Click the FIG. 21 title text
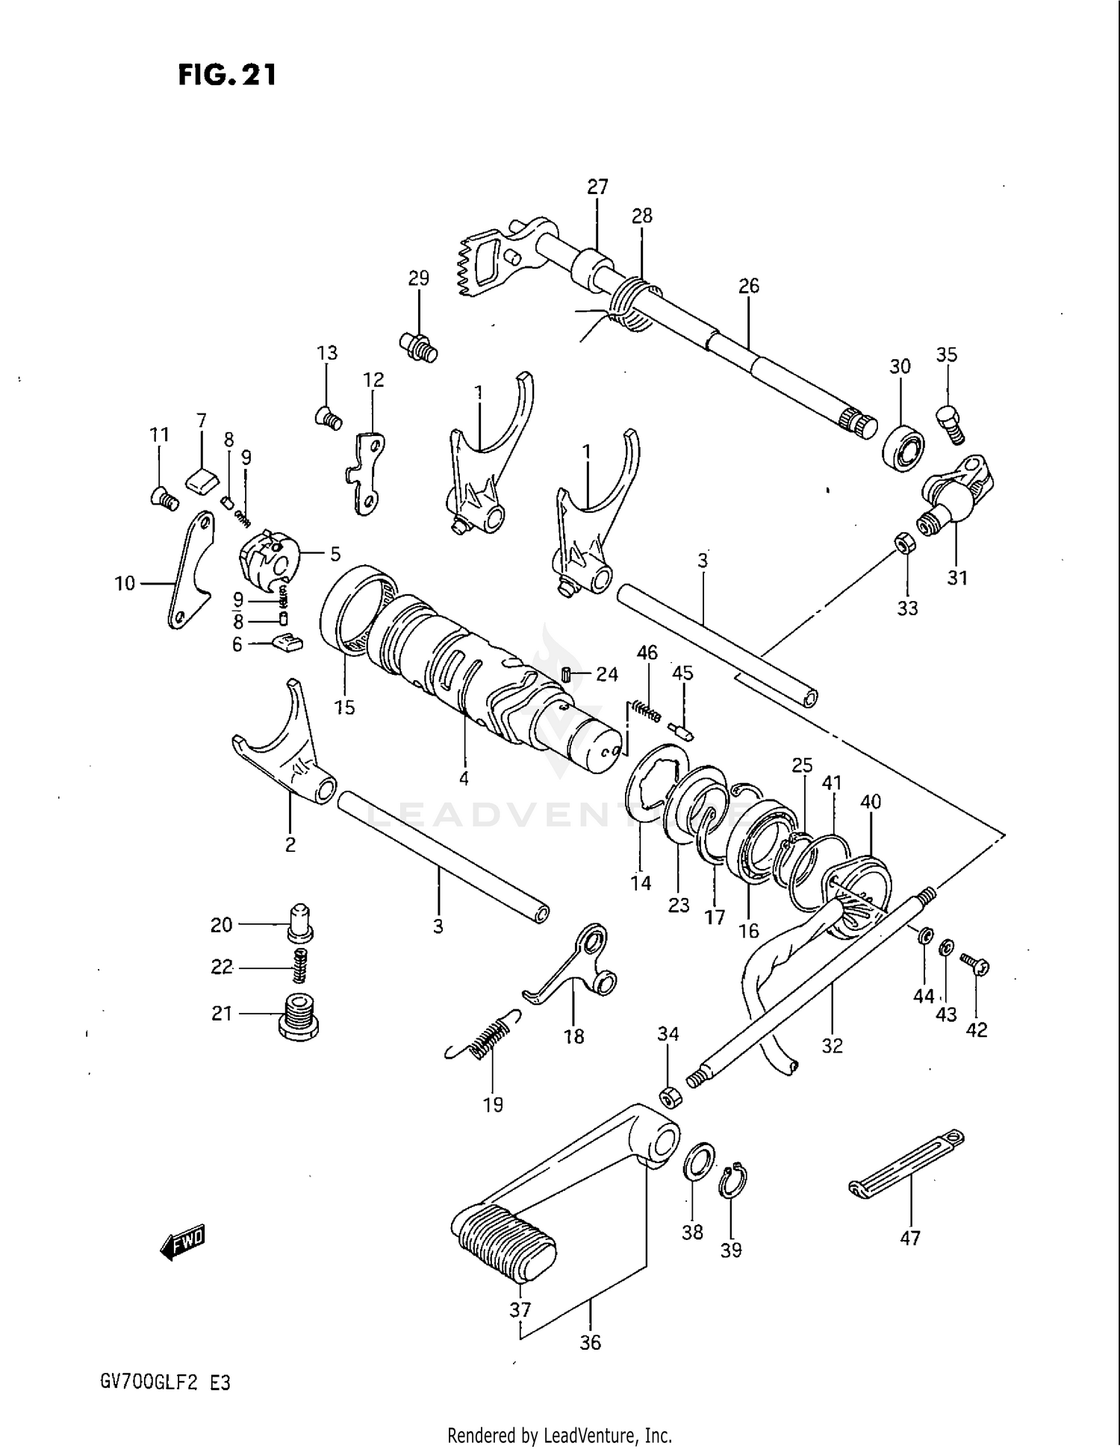[227, 75]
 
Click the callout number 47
[909, 1238]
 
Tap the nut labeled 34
[670, 1097]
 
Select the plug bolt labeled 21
[298, 1016]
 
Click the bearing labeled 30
[903, 449]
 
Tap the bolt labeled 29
[419, 346]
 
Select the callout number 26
[748, 286]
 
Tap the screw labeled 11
[164, 498]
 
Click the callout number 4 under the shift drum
[464, 779]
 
